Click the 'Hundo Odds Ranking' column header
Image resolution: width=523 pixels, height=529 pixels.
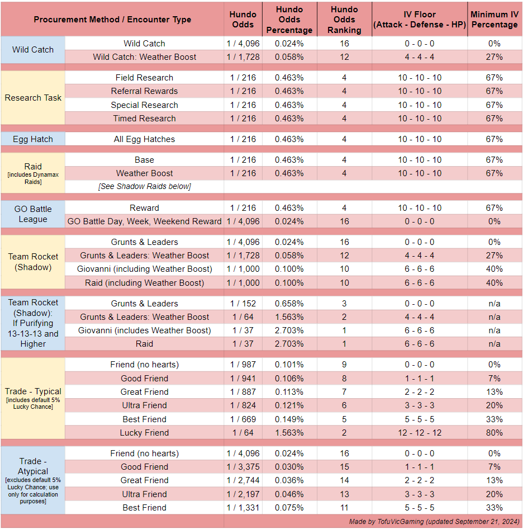point(344,20)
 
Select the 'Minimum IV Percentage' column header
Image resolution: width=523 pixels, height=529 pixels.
point(495,20)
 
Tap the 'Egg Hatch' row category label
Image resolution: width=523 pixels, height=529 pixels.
point(33,139)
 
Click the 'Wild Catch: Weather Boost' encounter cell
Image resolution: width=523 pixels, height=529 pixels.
point(144,56)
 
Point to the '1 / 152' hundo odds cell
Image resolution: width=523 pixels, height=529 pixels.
point(243,303)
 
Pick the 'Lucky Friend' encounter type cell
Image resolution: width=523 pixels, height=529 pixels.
point(144,432)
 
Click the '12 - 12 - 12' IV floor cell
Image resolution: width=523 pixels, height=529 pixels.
point(420,432)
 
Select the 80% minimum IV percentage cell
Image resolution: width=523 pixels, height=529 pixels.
point(495,432)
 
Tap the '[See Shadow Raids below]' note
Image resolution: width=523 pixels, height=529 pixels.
point(144,186)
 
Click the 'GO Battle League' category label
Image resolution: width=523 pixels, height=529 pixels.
point(33,214)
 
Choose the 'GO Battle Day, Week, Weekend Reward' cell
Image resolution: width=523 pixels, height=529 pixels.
point(144,221)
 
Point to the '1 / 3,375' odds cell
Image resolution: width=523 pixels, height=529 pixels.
point(243,466)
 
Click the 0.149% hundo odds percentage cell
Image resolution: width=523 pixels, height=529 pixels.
point(289,419)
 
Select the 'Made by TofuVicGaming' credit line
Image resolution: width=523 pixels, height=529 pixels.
point(434,522)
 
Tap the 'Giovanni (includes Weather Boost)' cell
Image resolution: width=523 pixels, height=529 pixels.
point(144,330)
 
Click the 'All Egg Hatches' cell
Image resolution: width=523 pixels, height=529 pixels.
point(144,139)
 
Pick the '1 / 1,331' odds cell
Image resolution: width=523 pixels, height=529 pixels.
point(243,507)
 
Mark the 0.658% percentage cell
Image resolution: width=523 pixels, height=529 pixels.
point(289,303)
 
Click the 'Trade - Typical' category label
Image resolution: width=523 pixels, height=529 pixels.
point(33,399)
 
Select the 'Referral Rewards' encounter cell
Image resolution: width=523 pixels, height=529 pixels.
point(144,91)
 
